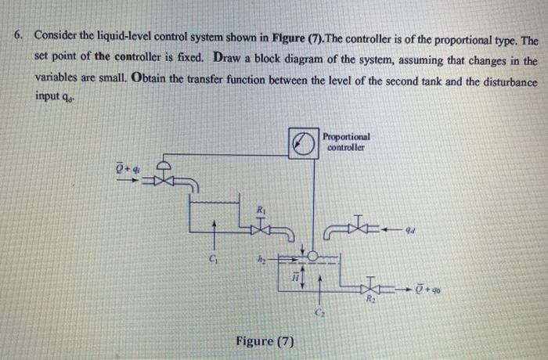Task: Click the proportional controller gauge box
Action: coord(301,144)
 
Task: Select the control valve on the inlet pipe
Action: coord(163,181)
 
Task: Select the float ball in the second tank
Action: coord(312,256)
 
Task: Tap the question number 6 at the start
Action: coord(16,38)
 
